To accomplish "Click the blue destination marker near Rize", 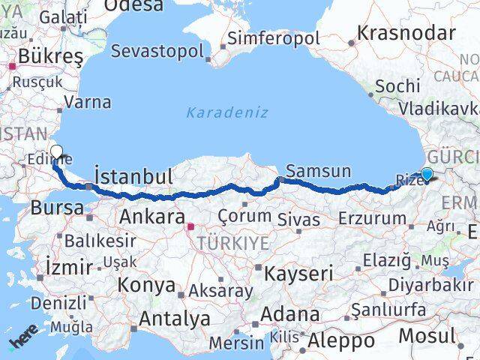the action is [427, 175].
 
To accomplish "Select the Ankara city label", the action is [152, 217].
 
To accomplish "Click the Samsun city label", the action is [318, 170].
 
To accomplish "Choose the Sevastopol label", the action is [157, 51].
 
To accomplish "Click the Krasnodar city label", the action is [406, 33].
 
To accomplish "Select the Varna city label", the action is [88, 102].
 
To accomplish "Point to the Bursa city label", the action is [57, 208].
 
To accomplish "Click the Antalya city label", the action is [174, 318].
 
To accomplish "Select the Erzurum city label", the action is [372, 218].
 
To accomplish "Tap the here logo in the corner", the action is [22, 342].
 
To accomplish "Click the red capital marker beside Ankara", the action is [190, 226].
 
